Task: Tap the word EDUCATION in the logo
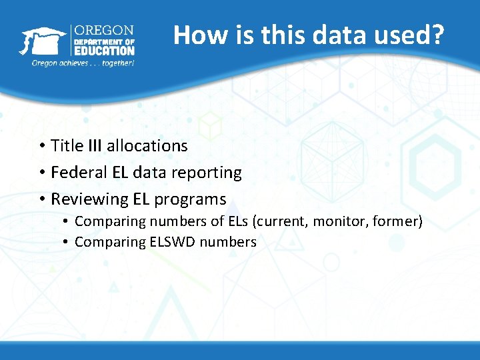(x=103, y=51)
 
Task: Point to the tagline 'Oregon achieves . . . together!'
(x=83, y=63)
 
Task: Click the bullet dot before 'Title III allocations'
(x=41, y=146)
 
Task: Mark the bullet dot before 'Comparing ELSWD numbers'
(x=67, y=242)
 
